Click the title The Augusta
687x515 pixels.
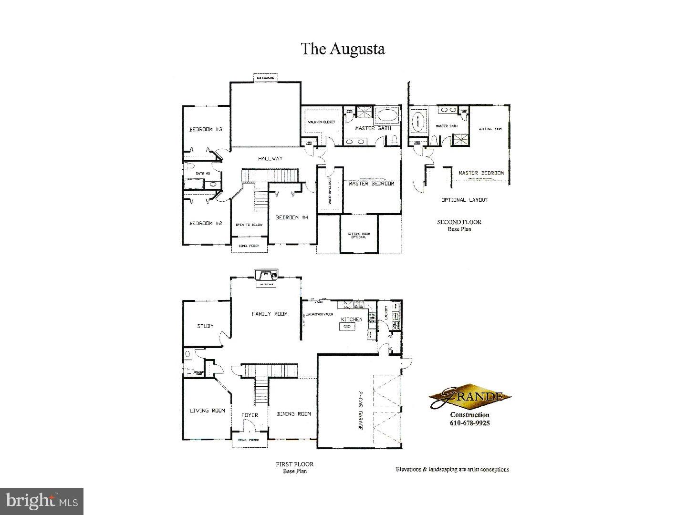pyautogui.click(x=343, y=49)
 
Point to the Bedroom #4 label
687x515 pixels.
pyautogui.click(x=292, y=217)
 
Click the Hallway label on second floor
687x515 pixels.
pyautogui.click(x=271, y=158)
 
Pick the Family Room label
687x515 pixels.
pyautogui.click(x=270, y=314)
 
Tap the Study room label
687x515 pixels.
pyautogui.click(x=205, y=326)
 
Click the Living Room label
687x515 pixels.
pyautogui.click(x=207, y=411)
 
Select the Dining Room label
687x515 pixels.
pyautogui.click(x=294, y=414)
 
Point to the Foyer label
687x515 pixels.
pyautogui.click(x=249, y=415)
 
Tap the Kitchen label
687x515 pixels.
pyautogui.click(x=351, y=319)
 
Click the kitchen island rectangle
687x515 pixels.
pyautogui.click(x=347, y=327)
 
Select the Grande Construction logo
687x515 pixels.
pyautogui.click(x=469, y=397)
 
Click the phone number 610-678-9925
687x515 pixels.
pyautogui.click(x=470, y=423)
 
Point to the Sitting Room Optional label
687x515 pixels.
pyautogui.click(x=359, y=235)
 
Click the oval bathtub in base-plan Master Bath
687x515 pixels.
pyautogui.click(x=386, y=115)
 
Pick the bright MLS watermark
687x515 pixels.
pyautogui.click(x=42, y=501)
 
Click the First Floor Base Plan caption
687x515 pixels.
pyautogui.click(x=294, y=467)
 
